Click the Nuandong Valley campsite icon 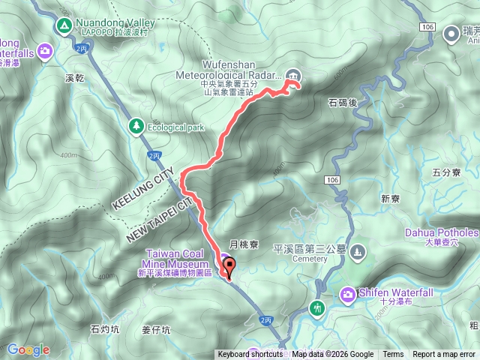[63, 26]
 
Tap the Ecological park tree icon [136, 126]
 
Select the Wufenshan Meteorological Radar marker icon [294, 74]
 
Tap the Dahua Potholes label [442, 232]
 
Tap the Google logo [28, 349]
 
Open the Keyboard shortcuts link [250, 355]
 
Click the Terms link [393, 355]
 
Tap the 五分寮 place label [445, 172]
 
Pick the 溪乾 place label [74, 77]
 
